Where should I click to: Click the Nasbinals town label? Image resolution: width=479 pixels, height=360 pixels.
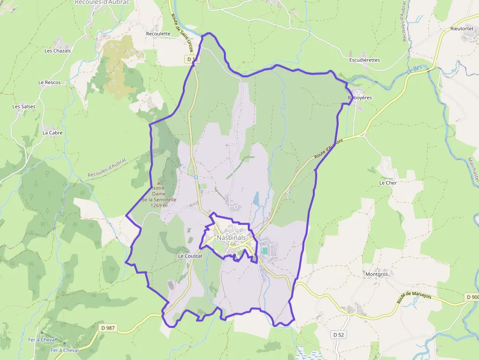point(232,238)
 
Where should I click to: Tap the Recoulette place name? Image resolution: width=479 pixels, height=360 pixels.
point(158,34)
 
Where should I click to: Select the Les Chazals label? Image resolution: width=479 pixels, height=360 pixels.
point(58,51)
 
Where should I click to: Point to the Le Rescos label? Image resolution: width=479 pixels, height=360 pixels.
point(49,83)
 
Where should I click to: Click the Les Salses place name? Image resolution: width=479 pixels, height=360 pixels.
point(24,106)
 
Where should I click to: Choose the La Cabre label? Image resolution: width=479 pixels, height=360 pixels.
point(52,132)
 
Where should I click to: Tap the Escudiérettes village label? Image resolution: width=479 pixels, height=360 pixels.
point(364,60)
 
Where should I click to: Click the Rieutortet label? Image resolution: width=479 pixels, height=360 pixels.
point(462,29)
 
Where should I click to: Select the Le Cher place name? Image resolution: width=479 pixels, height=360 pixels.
point(388,183)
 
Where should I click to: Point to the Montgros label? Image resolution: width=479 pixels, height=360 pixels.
point(376,275)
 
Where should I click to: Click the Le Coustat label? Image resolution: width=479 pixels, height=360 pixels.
point(190,256)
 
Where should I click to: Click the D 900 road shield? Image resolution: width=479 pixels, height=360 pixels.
point(472,297)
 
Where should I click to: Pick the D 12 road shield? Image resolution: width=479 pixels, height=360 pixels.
point(193,59)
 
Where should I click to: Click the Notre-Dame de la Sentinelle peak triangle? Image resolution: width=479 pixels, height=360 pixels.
point(158,183)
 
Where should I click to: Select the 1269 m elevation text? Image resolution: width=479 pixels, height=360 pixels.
point(158,205)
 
